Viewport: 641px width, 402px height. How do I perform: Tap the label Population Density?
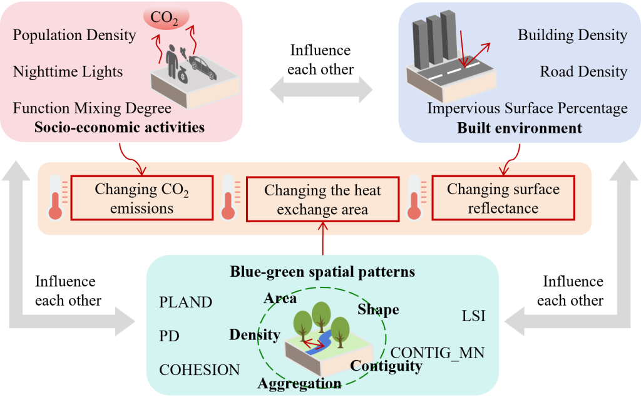74,35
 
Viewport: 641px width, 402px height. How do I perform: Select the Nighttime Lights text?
68,72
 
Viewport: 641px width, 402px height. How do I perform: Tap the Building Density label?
572,35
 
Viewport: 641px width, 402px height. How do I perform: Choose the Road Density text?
583,72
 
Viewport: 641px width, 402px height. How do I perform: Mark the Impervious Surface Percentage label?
527,108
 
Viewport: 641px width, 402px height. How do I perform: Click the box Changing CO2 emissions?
141,198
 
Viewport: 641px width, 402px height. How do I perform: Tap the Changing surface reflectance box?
503,198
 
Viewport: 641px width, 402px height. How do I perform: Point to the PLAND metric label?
186,302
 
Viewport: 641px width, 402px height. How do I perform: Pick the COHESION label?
200,370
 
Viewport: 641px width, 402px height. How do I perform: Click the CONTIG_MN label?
438,353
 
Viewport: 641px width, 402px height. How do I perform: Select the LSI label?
473,317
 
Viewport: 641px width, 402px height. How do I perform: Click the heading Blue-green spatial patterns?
322,272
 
